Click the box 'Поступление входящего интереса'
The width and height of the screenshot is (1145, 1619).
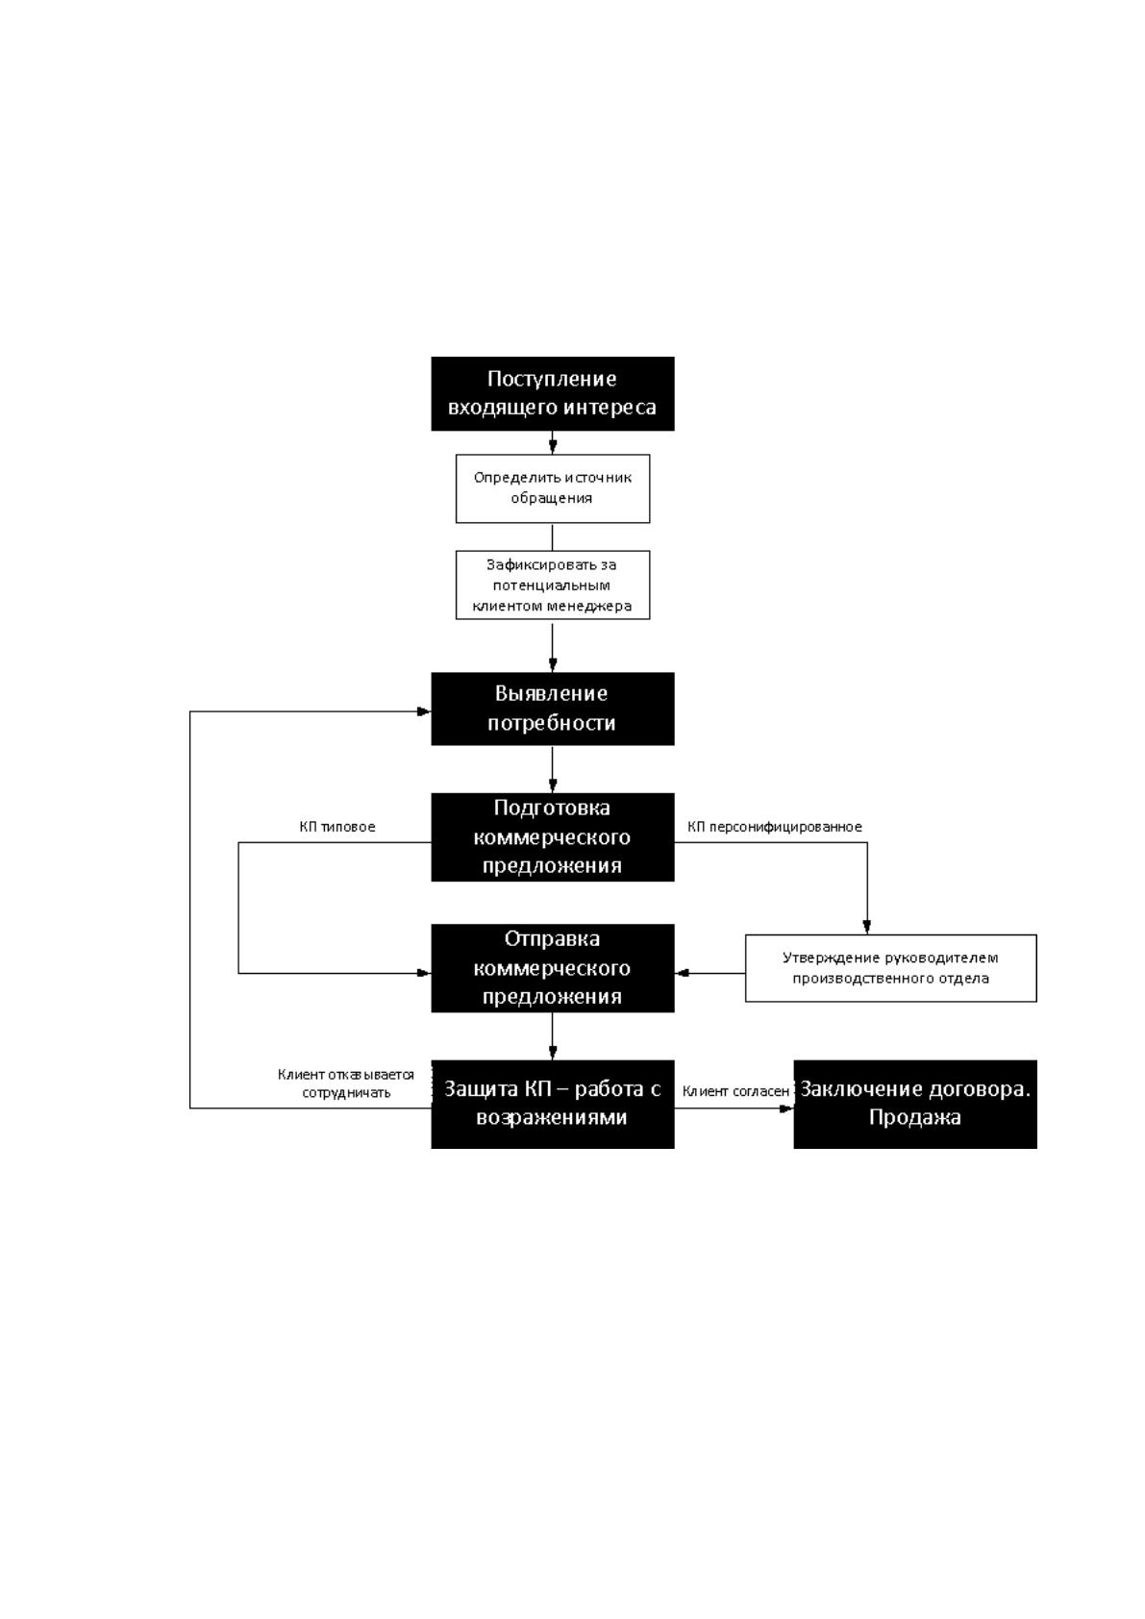click(x=552, y=393)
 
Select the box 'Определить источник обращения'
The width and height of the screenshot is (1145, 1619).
click(x=552, y=488)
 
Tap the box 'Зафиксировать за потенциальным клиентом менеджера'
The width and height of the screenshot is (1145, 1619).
click(x=552, y=585)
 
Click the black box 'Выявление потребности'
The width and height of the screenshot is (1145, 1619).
click(x=552, y=709)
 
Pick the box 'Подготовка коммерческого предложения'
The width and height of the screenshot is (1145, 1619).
click(x=552, y=837)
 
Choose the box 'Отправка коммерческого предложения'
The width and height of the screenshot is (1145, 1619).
click(x=552, y=968)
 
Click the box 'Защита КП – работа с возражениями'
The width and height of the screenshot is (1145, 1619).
click(x=552, y=1104)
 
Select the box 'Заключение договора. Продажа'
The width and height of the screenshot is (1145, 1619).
click(x=915, y=1104)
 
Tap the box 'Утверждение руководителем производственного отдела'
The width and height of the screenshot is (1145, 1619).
click(x=890, y=968)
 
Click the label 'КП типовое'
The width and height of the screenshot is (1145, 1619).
click(x=337, y=827)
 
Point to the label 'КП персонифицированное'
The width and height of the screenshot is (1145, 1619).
click(x=775, y=827)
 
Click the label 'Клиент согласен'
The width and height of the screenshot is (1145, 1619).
click(x=735, y=1091)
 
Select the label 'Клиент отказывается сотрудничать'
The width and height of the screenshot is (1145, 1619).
click(x=346, y=1083)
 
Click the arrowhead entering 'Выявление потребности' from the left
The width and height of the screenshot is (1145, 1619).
click(x=424, y=711)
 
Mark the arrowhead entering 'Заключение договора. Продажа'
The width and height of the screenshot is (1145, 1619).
click(x=786, y=1108)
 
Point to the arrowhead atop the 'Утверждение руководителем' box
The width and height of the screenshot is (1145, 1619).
click(x=867, y=928)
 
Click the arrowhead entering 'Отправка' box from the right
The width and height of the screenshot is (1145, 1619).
click(x=682, y=973)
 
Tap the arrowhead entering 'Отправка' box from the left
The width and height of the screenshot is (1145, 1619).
click(x=424, y=973)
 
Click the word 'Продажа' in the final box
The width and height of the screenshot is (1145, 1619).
click(x=915, y=1118)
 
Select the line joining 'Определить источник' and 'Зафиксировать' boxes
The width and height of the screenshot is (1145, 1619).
click(x=552, y=537)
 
